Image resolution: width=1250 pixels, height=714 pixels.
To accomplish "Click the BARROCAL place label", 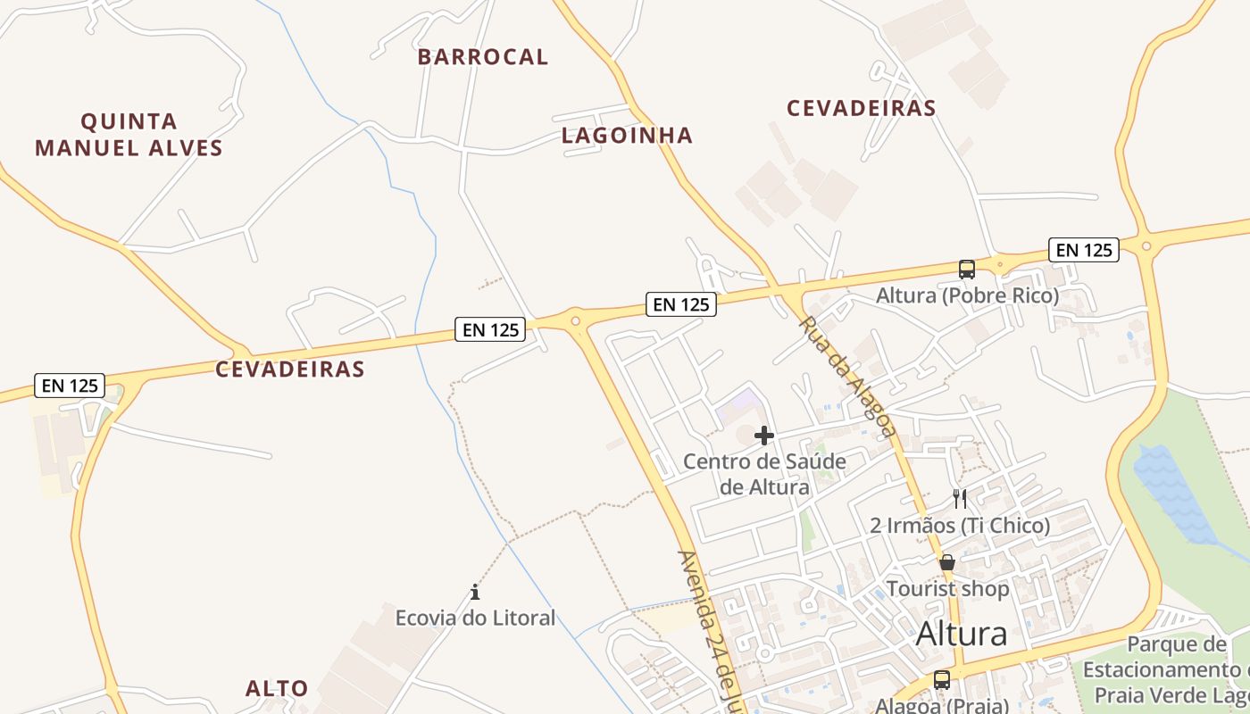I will coord(482,57).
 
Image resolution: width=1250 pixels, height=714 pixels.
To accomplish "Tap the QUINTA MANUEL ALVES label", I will coord(129,135).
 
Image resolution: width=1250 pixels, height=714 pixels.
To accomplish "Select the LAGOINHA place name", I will coord(627,136).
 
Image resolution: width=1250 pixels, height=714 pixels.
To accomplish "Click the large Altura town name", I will coord(962,634).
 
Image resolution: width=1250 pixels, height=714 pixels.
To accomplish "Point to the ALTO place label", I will coord(277,689).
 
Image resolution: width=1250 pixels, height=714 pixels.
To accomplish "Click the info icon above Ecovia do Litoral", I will coord(475,592).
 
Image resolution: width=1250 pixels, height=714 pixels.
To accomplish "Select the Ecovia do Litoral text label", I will coord(475,618).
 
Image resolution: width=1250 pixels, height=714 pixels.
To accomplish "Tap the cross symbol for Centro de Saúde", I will coord(764,436).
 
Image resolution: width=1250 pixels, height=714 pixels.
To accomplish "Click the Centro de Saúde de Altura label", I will coord(764,474).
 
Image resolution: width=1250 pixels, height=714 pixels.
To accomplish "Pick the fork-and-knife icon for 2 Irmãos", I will coord(960,498).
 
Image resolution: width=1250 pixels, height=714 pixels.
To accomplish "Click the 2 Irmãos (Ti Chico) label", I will coord(960,526).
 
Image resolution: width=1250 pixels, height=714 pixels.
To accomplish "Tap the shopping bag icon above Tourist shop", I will coord(947,563).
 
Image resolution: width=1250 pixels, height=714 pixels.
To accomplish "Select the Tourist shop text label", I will coord(947,589).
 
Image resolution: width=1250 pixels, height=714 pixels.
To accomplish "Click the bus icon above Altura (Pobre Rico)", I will coord(966,269).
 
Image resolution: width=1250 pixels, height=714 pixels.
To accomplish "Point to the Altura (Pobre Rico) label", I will coord(967,295).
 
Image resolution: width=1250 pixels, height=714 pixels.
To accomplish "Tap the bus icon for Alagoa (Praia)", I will coord(941,680).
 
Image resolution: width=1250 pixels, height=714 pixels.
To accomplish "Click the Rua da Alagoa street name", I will coord(846,376).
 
